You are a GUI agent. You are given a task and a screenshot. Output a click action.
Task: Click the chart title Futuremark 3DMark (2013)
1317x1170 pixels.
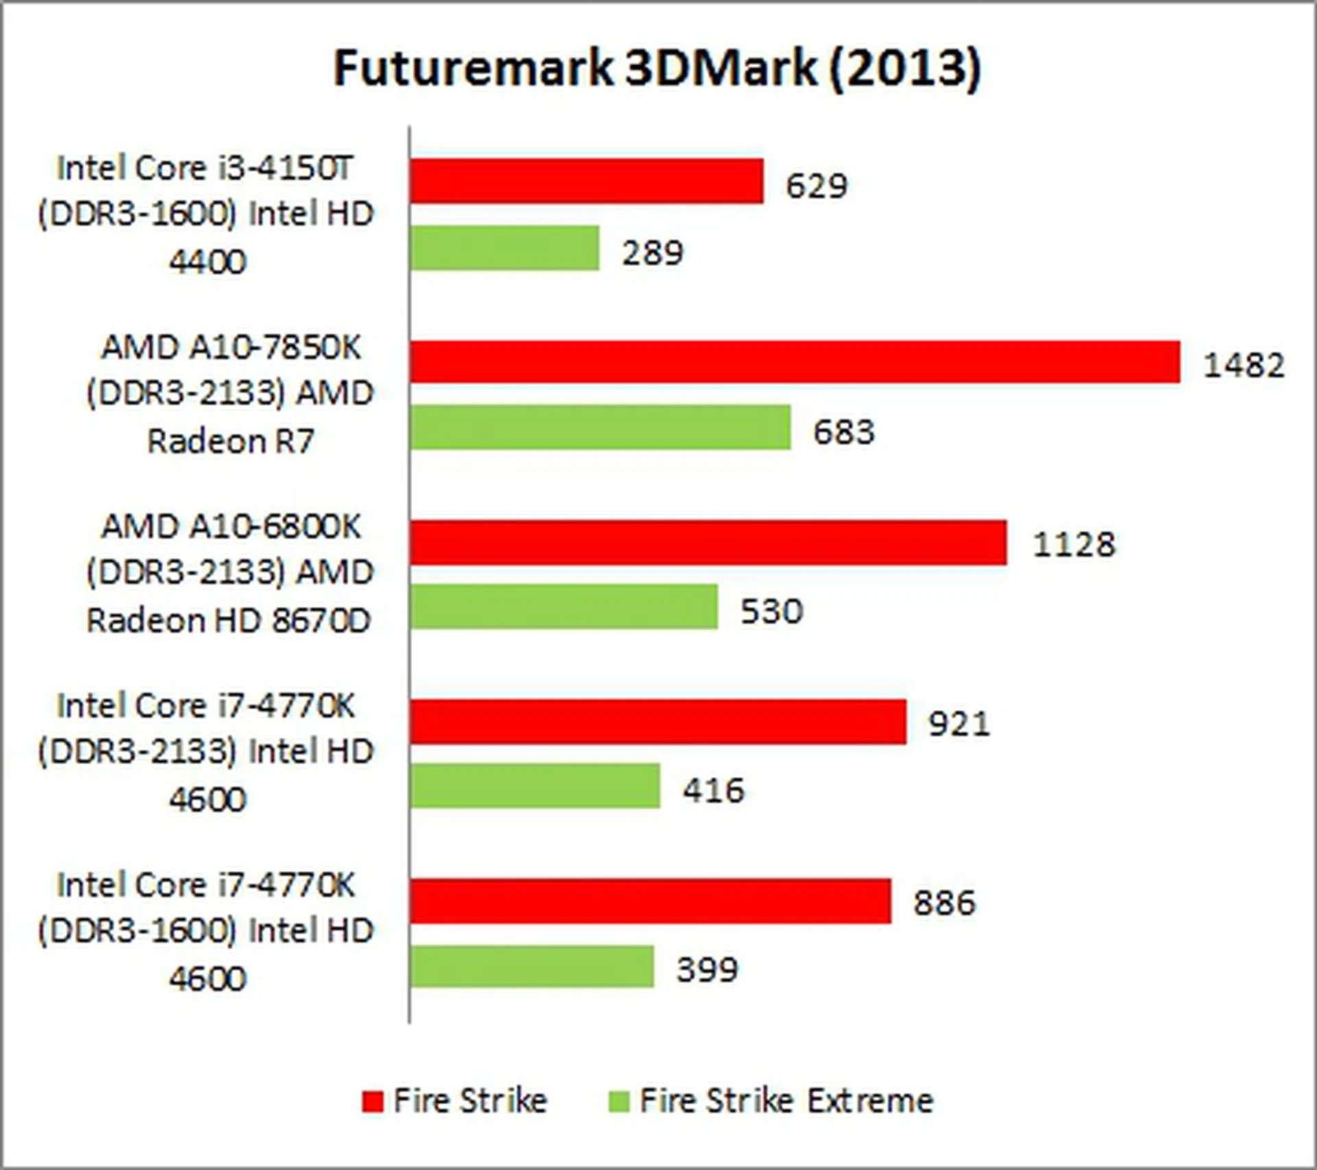click(x=657, y=68)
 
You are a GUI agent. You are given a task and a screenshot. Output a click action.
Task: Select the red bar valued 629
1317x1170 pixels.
click(x=586, y=181)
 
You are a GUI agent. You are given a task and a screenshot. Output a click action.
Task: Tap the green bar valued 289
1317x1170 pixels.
click(x=505, y=248)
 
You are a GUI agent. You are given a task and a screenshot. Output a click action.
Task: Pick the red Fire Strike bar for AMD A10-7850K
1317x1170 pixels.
click(x=795, y=361)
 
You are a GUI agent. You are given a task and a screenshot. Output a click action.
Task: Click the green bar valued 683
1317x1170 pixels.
click(x=600, y=427)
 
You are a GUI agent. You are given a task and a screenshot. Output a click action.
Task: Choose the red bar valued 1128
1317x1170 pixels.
click(x=709, y=542)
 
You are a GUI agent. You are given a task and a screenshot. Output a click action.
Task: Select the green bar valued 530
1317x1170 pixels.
click(x=564, y=607)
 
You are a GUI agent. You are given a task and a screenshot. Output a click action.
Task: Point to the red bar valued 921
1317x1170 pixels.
click(x=658, y=721)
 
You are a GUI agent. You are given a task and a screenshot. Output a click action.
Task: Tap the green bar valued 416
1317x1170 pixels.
click(x=535, y=786)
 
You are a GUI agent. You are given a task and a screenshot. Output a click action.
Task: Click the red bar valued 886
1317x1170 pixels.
click(x=650, y=901)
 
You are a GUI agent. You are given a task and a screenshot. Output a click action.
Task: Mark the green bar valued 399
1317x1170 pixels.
click(x=532, y=966)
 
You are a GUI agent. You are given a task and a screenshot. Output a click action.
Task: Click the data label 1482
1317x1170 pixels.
click(x=1244, y=365)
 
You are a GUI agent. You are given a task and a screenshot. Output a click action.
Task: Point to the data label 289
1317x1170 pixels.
click(x=652, y=252)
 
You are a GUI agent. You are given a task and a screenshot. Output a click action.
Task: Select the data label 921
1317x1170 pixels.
click(x=959, y=724)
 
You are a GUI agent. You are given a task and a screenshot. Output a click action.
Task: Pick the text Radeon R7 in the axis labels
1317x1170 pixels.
click(x=230, y=441)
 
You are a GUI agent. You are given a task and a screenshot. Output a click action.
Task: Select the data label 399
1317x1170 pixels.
click(x=707, y=970)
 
